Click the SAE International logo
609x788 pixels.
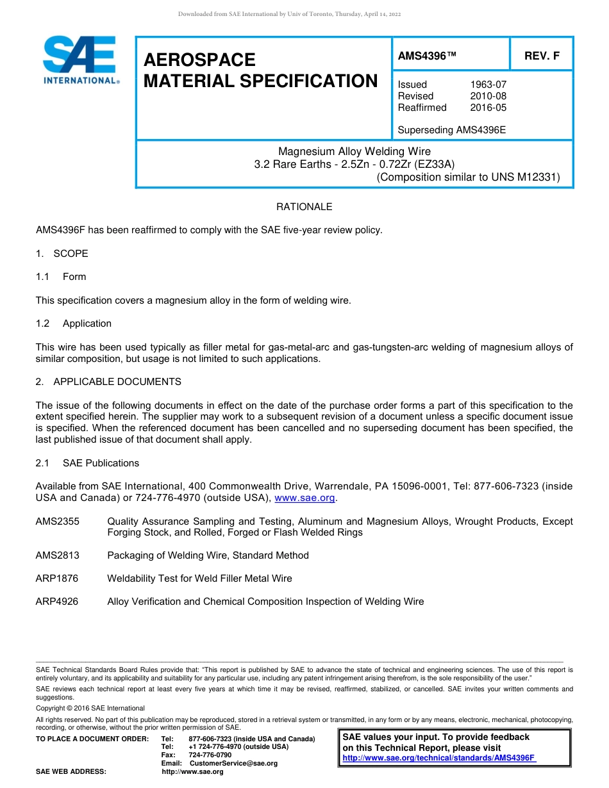(81, 59)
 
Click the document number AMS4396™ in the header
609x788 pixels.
(427, 56)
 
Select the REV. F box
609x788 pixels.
(542, 56)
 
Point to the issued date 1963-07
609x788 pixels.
(488, 85)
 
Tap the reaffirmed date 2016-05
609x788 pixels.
(488, 108)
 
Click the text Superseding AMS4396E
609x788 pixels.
(452, 130)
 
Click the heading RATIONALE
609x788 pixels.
(304, 207)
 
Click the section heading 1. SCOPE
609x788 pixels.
(62, 254)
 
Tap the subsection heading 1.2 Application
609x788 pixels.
(74, 324)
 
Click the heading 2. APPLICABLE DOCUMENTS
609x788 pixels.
(108, 382)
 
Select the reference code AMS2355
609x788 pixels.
(58, 521)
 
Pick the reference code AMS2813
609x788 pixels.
(58, 555)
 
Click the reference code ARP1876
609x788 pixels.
(57, 579)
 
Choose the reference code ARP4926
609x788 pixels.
(57, 602)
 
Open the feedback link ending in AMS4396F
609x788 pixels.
(439, 758)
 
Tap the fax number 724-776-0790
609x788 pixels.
(210, 755)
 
